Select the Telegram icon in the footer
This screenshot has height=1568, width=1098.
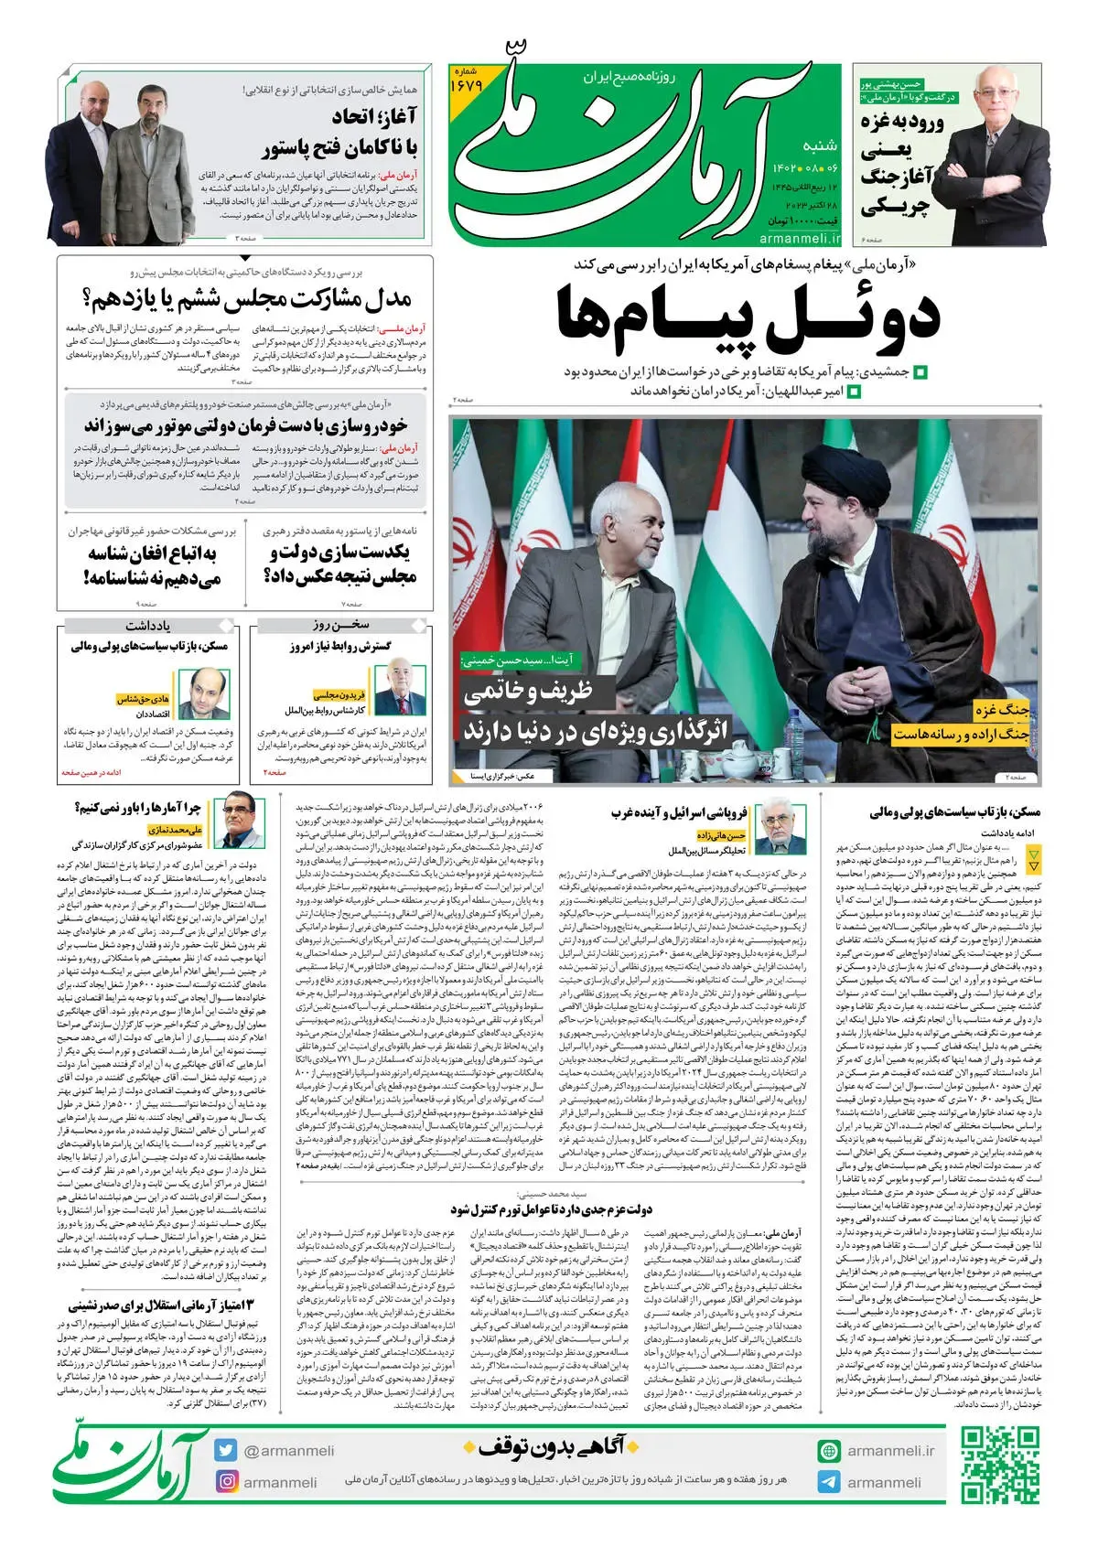(829, 1482)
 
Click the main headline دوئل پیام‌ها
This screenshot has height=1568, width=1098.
(748, 320)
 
